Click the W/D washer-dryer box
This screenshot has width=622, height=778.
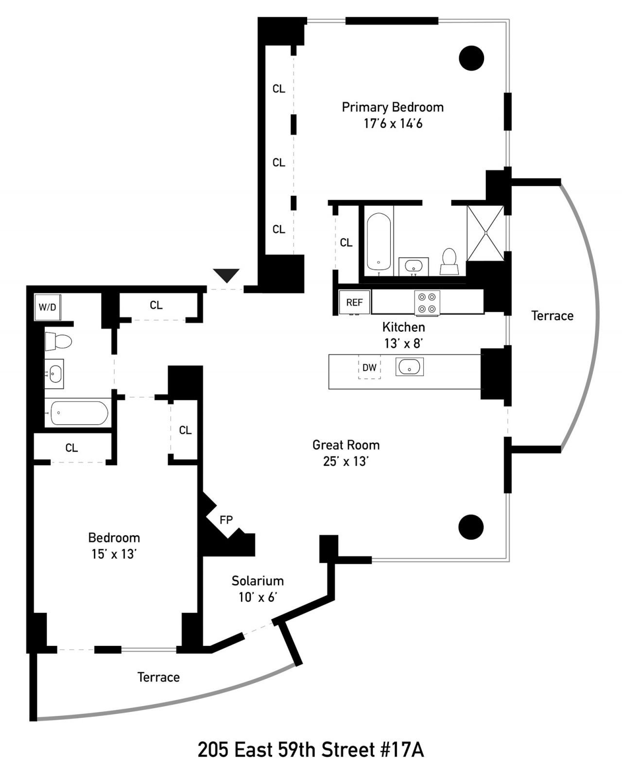[48, 307]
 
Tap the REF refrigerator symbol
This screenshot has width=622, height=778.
[354, 302]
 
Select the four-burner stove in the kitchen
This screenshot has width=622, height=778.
[427, 303]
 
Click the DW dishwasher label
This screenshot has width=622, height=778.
[369, 368]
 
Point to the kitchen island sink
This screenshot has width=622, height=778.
[409, 367]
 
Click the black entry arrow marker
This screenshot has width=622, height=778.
[226, 275]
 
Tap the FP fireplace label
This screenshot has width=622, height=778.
[226, 520]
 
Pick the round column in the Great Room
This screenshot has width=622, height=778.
[471, 527]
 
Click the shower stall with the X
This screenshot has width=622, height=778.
[485, 233]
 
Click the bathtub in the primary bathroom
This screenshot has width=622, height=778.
[379, 241]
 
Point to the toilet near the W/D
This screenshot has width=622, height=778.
[58, 341]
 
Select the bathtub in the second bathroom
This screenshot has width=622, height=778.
[79, 413]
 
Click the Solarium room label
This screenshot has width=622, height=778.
[258, 581]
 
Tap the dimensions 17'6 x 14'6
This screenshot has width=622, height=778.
[393, 124]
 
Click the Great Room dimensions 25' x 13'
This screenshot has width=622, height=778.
[346, 461]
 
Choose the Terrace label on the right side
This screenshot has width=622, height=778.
[552, 316]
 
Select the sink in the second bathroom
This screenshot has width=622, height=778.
[54, 373]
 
